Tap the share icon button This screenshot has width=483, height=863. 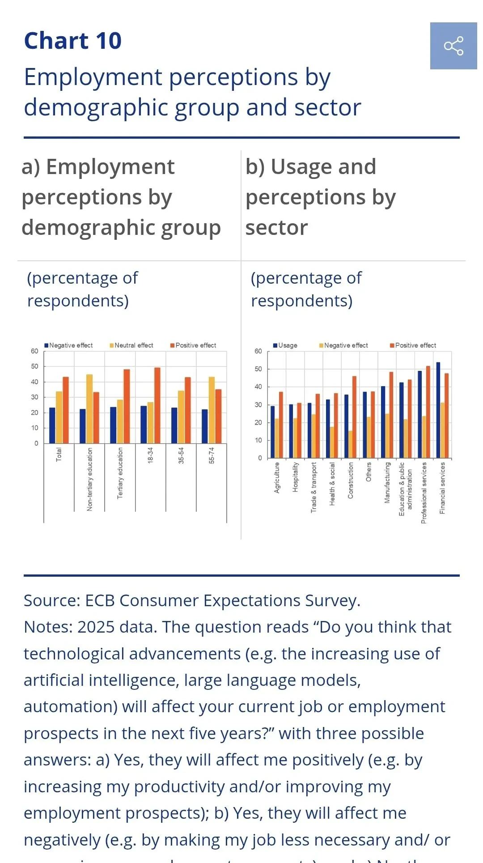[453, 46]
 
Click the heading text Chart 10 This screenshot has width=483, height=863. [73, 41]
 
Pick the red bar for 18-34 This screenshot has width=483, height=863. [157, 405]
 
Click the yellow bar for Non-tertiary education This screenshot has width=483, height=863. [89, 408]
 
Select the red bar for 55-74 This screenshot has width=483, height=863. [218, 416]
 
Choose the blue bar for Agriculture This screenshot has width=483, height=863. [273, 432]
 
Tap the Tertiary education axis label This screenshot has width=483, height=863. [120, 473]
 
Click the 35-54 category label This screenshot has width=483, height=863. [181, 455]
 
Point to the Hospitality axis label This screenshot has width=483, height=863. [295, 477]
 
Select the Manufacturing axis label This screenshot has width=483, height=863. [387, 482]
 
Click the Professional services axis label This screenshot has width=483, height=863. [424, 493]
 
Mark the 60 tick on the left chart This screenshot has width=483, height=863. [34, 351]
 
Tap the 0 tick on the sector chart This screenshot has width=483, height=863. [260, 458]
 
